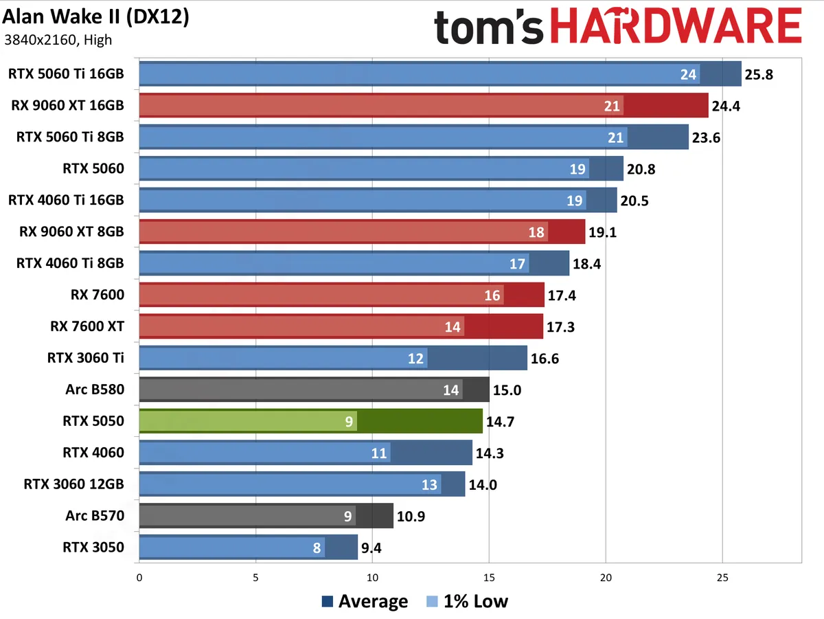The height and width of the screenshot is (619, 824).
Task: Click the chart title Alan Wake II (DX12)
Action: pyautogui.click(x=96, y=16)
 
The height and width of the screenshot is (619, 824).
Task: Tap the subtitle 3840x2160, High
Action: pyautogui.click(x=58, y=39)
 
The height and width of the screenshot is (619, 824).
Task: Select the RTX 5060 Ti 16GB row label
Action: pyautogui.click(x=66, y=74)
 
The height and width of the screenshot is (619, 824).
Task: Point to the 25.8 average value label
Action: pyautogui.click(x=759, y=74)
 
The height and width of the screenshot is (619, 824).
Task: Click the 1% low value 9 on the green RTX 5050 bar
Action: pyautogui.click(x=350, y=421)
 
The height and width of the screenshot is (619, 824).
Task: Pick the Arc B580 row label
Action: pyautogui.click(x=95, y=390)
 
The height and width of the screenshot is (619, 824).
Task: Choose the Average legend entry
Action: pyautogui.click(x=365, y=602)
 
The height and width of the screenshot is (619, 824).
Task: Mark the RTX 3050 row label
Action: pyautogui.click(x=93, y=548)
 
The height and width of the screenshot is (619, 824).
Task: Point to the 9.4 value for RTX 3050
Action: pyautogui.click(x=375, y=548)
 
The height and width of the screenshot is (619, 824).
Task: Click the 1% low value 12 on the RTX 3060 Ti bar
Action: pyautogui.click(x=416, y=358)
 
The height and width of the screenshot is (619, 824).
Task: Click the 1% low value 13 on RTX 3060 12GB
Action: pyautogui.click(x=430, y=484)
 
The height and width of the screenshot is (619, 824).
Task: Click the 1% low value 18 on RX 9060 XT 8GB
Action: pyautogui.click(x=537, y=232)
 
